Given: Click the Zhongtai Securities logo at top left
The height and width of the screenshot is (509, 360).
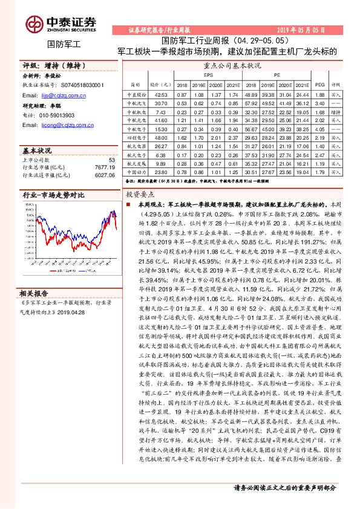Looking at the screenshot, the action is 61,22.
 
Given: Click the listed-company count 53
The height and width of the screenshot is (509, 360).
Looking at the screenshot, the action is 111,160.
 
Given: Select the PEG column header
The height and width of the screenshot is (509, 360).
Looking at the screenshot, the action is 321,85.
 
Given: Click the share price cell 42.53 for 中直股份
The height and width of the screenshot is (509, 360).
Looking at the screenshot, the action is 161,95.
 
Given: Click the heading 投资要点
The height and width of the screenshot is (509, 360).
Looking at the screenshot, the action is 140,195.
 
